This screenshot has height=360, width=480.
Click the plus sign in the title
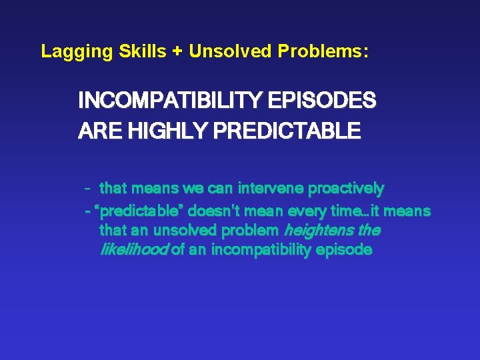click(x=177, y=51)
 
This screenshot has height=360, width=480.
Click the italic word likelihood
click(x=133, y=250)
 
